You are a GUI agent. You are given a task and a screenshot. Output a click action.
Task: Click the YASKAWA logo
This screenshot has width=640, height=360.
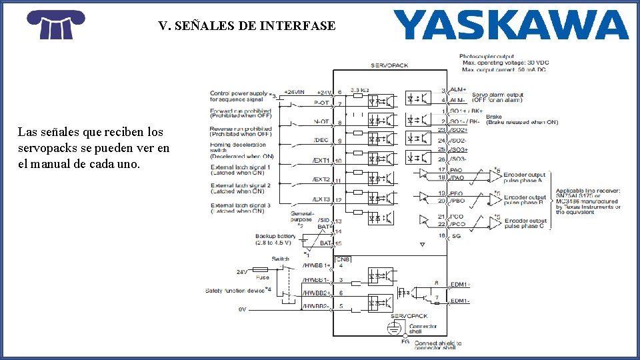511,25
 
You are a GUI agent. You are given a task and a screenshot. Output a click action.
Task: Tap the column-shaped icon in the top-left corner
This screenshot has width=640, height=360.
55,25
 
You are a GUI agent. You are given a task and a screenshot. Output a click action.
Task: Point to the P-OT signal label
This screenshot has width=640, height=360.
321,103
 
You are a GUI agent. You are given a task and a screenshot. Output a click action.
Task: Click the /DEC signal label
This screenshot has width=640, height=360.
321,140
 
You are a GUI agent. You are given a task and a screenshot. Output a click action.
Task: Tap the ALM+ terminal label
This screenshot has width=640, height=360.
459,91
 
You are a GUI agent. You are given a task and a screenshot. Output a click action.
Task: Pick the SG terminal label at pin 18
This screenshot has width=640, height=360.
456,235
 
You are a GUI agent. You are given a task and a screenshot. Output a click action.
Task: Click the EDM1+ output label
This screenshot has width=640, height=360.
461,284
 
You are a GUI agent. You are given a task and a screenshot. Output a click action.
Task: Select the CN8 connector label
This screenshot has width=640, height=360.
342,259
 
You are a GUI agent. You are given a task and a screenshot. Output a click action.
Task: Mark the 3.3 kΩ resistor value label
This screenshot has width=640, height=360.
360,89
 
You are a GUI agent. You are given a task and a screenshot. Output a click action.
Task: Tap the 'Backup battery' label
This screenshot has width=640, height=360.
275,236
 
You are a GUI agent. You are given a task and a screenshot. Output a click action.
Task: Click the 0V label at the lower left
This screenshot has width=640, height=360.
243,309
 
